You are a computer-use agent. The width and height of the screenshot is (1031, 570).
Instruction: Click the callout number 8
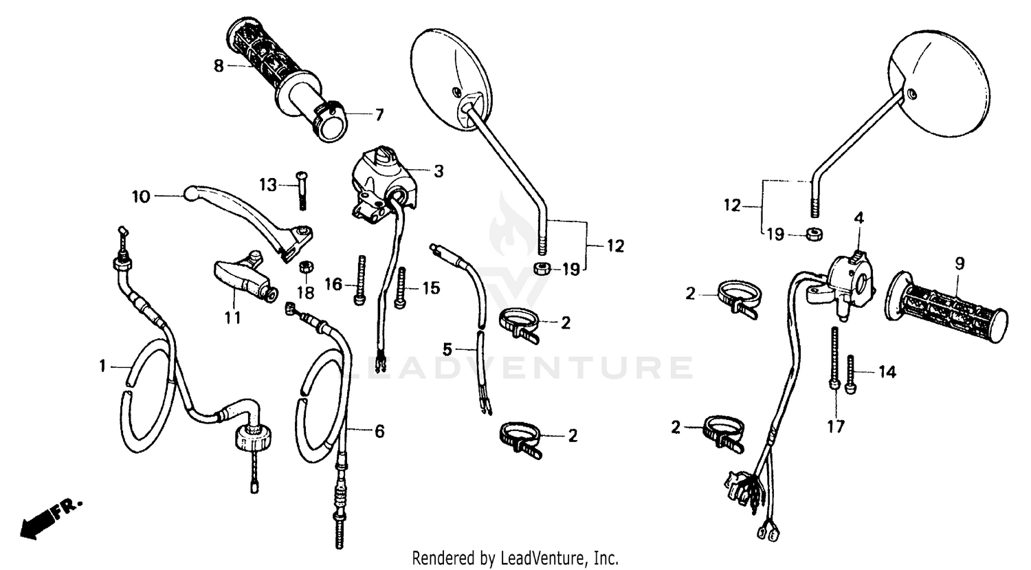(219, 66)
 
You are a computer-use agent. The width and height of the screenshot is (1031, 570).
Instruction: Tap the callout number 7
(379, 115)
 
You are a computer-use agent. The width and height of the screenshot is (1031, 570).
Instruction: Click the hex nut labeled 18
(308, 265)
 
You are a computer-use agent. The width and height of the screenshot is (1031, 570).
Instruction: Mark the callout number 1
(102, 366)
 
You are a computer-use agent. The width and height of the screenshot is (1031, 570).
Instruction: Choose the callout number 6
(379, 431)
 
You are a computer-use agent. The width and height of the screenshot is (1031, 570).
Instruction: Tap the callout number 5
(447, 349)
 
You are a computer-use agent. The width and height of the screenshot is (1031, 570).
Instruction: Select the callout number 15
(430, 288)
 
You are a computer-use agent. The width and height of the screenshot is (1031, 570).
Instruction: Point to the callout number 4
(858, 218)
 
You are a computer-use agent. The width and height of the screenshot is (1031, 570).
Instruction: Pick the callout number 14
(887, 372)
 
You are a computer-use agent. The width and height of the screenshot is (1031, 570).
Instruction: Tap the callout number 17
(835, 427)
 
